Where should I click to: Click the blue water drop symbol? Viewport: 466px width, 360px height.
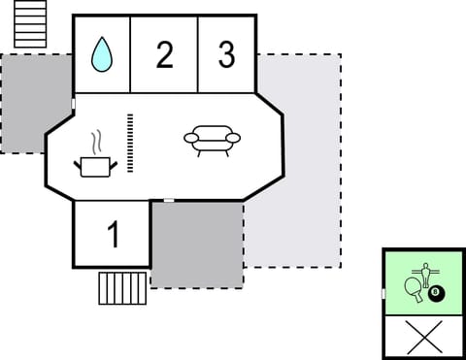pos(102,55)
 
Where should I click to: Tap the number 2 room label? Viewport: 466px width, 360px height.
pos(164,55)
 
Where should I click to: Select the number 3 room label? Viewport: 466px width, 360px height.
pos(226,55)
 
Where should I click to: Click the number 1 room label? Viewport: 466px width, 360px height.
pos(113,235)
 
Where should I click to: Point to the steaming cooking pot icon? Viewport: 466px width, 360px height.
pos(95,166)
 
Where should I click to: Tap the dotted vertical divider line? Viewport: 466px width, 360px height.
pos(129,143)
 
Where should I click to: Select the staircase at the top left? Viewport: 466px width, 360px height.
pos(31,24)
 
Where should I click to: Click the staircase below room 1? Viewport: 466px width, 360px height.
pos(122,288)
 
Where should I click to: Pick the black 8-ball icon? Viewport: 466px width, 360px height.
pos(435,292)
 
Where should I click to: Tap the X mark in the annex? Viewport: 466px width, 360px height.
pos(423,336)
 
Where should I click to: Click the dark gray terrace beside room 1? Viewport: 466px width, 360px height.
pos(197,245)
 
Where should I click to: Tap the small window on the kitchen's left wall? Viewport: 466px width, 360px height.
pos(74,104)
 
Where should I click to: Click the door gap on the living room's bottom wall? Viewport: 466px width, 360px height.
pos(169,200)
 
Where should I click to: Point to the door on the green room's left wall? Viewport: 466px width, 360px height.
pos(383,293)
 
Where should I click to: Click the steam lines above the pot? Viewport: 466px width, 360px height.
pos(95,145)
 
